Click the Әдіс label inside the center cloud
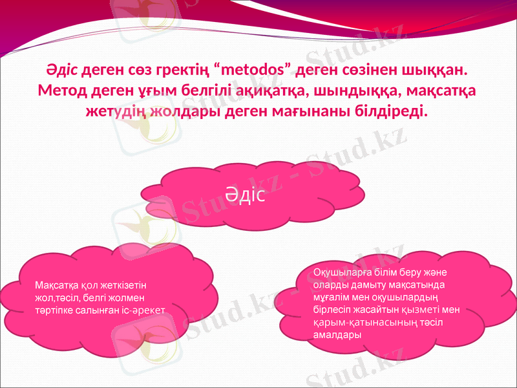(x=246, y=195)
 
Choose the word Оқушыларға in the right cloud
(x=339, y=272)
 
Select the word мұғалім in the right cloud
(x=330, y=297)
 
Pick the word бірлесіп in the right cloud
(x=333, y=310)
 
